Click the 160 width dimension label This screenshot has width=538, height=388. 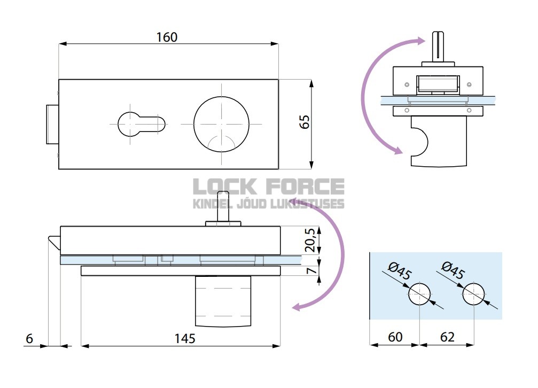pos(167,37)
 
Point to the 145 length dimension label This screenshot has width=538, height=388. pos(185,338)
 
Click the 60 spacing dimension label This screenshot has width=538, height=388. pos(395,337)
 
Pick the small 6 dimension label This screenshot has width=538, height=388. pos(29,338)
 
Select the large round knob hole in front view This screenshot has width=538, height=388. pos(221,122)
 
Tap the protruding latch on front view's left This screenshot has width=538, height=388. pos(52,124)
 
